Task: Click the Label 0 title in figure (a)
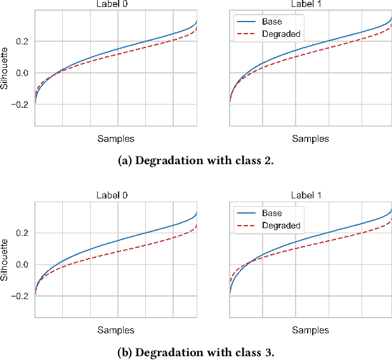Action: [115, 4]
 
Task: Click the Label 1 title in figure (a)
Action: [311, 4]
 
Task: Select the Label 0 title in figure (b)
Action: [115, 196]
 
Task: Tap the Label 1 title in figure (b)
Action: [311, 196]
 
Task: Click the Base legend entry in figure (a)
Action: [272, 22]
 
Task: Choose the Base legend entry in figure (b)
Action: [272, 213]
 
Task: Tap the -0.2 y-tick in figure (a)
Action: [18, 105]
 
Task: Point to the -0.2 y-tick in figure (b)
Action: [18, 296]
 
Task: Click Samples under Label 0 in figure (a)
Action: [115, 139]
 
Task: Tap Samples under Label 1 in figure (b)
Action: [311, 330]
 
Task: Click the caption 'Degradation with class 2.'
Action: [195, 160]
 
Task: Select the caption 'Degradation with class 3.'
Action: [195, 352]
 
